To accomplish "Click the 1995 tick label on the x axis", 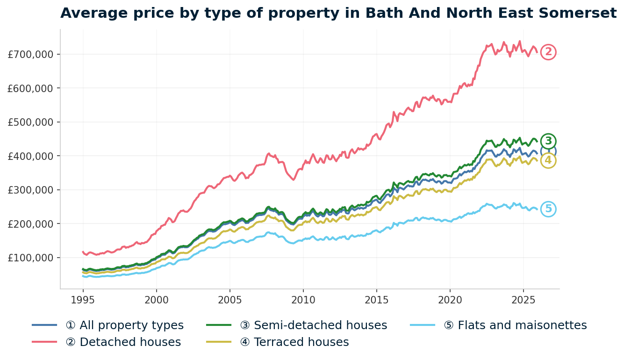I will pos(83,299).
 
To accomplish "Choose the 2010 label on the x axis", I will pos(303,299).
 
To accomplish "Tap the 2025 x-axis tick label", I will pos(523,299).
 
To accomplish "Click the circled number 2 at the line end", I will pos(548,52).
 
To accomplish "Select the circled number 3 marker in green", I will pos(548,141).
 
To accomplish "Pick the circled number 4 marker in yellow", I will pos(548,160).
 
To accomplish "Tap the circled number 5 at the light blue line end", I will pos(548,209).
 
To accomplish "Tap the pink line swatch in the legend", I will pos(44,342).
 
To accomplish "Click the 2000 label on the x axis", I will pos(156,299).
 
